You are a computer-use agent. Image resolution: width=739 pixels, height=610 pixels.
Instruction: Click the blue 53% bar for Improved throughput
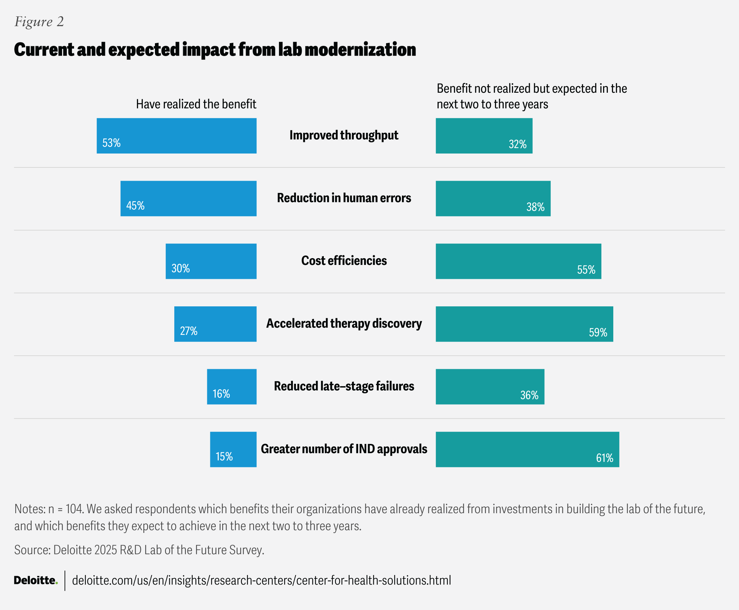pos(176,136)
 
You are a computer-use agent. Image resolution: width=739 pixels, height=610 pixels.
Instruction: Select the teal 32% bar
pos(484,136)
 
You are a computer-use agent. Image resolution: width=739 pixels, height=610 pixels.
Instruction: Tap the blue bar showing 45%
pos(189,199)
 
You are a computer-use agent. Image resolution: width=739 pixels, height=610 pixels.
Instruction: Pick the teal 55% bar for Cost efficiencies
pos(518,261)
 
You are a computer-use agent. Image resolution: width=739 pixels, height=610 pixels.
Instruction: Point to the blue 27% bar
pos(215,324)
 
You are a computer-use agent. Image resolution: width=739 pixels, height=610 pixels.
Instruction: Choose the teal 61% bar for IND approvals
pos(527,449)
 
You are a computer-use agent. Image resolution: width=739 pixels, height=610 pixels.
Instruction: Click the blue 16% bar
pos(232,387)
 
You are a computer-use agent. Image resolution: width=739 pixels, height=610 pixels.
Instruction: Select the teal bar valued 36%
pos(490,387)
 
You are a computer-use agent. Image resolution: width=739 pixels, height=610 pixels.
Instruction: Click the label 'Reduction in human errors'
pos(344,198)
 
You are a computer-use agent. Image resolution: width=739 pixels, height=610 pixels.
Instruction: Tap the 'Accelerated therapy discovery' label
pos(344,323)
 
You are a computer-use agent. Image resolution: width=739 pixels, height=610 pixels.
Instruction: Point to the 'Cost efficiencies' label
pos(344,261)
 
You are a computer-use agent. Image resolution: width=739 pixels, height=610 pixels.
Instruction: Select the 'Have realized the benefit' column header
pos(196,104)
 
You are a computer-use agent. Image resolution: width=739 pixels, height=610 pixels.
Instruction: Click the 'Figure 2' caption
pos(39,22)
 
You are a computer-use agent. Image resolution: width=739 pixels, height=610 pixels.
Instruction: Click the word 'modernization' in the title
pos(360,50)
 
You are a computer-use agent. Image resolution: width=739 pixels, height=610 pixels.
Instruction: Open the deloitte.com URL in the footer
pos(261,580)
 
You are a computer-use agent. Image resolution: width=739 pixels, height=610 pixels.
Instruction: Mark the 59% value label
pos(598,333)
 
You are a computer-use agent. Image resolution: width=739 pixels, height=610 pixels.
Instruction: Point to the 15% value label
pos(224,456)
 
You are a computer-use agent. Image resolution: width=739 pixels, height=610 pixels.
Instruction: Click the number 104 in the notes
pos(74,509)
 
